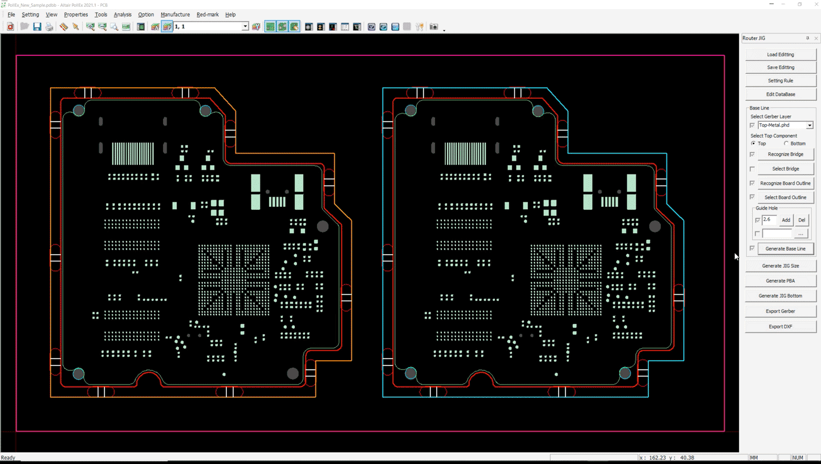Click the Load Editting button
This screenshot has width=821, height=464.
point(781,54)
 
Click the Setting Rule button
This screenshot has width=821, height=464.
point(781,80)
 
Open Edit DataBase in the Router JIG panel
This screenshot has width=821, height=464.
point(781,94)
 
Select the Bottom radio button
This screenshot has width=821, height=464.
point(786,143)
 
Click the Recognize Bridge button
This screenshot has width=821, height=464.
point(786,154)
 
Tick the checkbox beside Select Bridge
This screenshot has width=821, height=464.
point(752,169)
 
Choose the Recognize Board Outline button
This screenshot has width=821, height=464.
point(786,183)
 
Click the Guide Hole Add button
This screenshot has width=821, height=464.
point(786,220)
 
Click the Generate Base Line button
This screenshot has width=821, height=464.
point(786,249)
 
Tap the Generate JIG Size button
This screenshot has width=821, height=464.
point(781,266)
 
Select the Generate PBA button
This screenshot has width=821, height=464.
point(781,281)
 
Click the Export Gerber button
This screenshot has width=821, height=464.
point(781,311)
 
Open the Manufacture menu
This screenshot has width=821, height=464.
point(175,15)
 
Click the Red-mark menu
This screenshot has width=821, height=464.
point(208,15)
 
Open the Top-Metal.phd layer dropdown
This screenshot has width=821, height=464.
point(810,125)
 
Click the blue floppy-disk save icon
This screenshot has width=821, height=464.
point(37,27)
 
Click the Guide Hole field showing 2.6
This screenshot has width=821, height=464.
point(769,219)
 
